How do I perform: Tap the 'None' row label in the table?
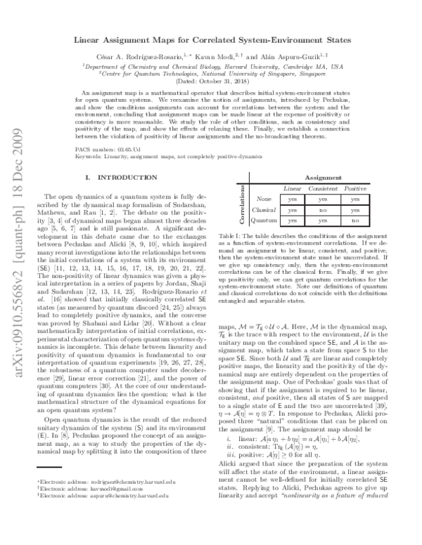coord(264,199)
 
